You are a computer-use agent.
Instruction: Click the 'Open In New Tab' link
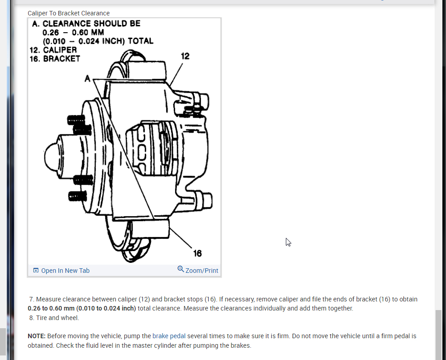click(x=65, y=271)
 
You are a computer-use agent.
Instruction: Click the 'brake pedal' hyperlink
click(x=169, y=336)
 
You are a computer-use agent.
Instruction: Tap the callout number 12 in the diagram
click(x=185, y=56)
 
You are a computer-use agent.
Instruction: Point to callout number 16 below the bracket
click(x=197, y=253)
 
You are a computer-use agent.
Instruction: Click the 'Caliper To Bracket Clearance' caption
click(x=69, y=13)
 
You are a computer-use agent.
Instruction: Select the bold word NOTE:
click(x=37, y=336)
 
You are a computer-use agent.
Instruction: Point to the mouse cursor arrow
click(x=288, y=242)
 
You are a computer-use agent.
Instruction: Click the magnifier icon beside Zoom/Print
click(x=181, y=269)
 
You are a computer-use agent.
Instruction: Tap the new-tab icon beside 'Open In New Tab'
click(x=36, y=271)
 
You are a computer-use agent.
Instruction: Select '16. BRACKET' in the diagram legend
click(x=55, y=59)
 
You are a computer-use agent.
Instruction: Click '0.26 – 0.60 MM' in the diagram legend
click(x=73, y=32)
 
